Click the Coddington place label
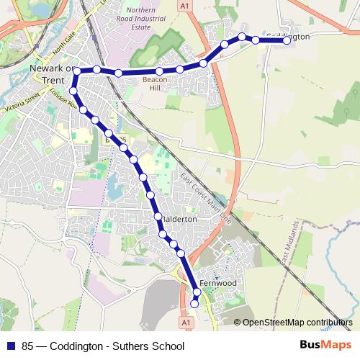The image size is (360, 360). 287,35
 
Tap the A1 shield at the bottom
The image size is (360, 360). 187,324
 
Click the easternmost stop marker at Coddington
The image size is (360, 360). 287,41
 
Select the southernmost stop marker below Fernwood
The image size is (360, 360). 194,305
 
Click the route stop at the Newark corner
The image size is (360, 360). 76,71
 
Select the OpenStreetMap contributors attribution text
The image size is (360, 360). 297,323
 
